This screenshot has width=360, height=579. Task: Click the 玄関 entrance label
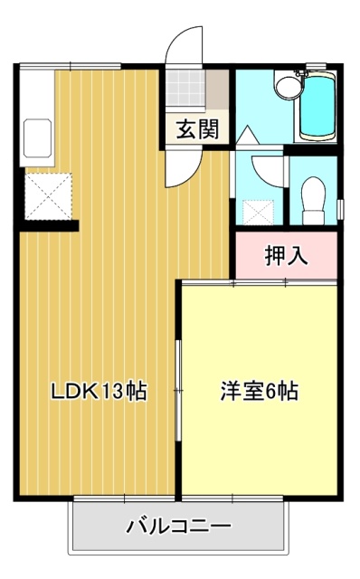tap(196, 129)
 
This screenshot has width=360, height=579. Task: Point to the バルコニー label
tap(178, 526)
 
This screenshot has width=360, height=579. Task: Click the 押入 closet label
tap(286, 256)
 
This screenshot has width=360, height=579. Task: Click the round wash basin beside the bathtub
tap(287, 88)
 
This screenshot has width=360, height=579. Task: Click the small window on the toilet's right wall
tap(339, 204)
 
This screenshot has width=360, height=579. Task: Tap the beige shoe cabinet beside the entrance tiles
tap(217, 89)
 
